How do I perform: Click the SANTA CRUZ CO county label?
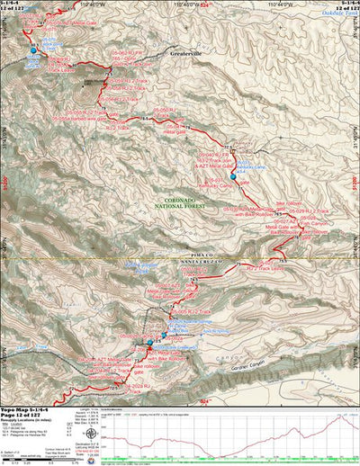190,263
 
